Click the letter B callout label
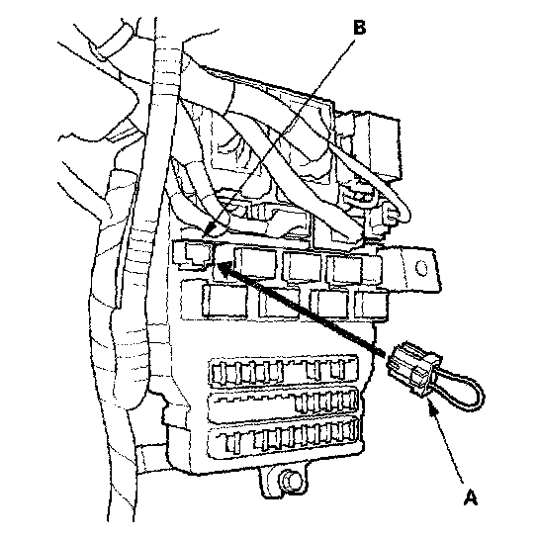[x=359, y=28]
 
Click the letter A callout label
[x=471, y=497]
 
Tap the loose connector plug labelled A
[x=413, y=368]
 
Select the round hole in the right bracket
[x=421, y=267]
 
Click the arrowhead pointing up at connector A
[x=433, y=408]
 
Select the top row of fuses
[x=284, y=371]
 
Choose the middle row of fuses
[x=284, y=404]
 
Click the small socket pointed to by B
[x=193, y=256]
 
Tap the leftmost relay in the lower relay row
[x=224, y=301]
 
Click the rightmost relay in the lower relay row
[x=371, y=304]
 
